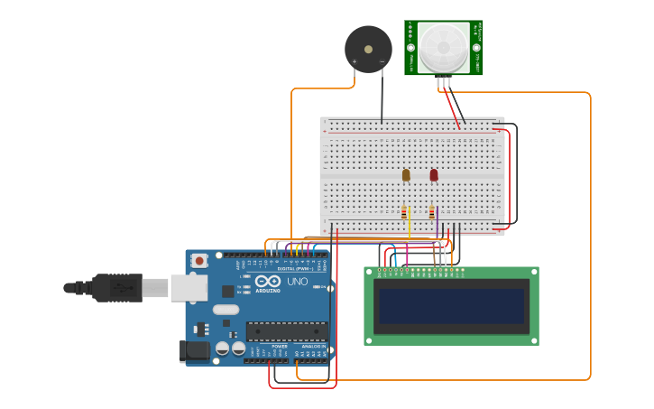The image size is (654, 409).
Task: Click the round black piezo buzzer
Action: point(368,49)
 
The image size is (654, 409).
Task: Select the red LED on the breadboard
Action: point(434,174)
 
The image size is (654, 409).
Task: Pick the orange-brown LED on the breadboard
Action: point(406,174)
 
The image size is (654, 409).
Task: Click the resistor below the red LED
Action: point(432,213)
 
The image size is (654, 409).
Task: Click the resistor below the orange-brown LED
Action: point(404,213)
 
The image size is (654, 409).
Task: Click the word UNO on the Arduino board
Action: point(297,282)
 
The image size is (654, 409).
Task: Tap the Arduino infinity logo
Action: point(267,282)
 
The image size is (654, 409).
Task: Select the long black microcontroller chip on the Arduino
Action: point(286,331)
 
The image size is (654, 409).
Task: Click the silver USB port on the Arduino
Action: point(189,287)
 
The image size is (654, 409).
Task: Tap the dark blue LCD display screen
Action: point(451,306)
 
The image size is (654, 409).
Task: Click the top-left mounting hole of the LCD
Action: point(370,272)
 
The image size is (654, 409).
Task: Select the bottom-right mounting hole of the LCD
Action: point(532,339)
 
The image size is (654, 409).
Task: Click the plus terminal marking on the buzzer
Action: point(355,62)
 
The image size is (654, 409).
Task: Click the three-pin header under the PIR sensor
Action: point(444,80)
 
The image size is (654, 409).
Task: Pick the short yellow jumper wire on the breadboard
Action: point(410,218)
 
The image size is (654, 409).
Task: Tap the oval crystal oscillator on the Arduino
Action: point(226,310)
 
